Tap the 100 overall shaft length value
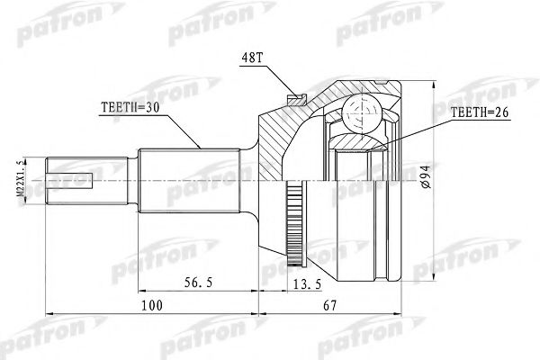coord(154,306)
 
